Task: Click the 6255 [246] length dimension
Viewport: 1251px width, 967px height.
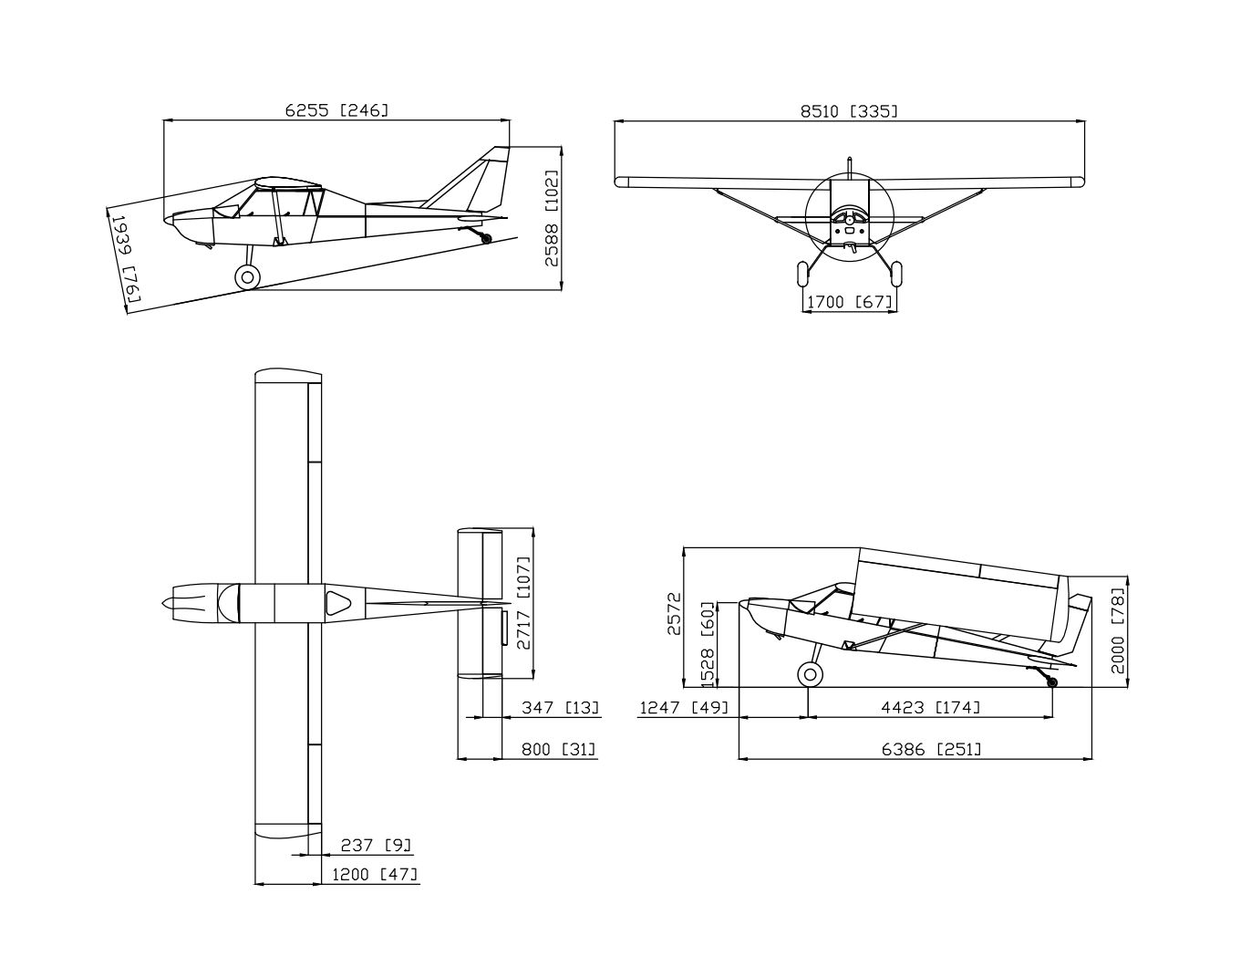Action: pos(336,110)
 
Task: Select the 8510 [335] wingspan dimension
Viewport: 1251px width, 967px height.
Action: pos(849,111)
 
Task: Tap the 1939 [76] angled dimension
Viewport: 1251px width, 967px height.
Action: pos(124,258)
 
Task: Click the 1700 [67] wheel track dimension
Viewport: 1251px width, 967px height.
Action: pos(849,302)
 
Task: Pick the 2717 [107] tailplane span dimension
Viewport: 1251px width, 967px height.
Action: pos(522,603)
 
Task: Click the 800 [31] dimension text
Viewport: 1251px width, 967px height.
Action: pos(559,749)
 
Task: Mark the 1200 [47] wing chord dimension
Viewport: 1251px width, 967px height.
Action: pos(375,874)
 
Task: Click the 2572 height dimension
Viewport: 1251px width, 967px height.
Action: pos(674,617)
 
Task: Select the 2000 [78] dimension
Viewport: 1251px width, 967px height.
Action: pos(1118,630)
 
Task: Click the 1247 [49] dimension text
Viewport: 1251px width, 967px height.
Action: pos(684,707)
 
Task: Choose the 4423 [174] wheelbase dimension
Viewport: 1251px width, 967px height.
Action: pos(930,707)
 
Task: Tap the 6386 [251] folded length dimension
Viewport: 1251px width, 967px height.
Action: pos(931,749)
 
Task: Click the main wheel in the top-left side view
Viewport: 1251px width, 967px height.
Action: pos(247,277)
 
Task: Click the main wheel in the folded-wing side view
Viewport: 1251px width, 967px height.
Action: pos(809,675)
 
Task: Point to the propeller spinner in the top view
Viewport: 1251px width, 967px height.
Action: pos(168,604)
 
